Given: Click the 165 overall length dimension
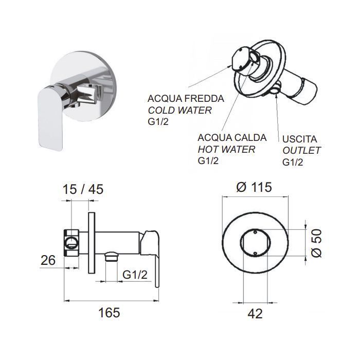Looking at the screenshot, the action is [109, 313].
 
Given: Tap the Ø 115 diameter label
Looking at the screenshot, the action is [254, 187].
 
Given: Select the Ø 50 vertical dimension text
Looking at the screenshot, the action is [317, 243].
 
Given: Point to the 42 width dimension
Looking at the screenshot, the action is [255, 314].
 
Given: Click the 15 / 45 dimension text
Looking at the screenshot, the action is [83, 189].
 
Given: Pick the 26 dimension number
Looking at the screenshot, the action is [48, 260].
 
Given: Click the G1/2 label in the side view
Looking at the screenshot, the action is [135, 275].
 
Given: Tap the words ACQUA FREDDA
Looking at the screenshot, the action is [186, 99].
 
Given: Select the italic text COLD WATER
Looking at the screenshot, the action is [180, 110].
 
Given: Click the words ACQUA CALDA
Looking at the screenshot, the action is [232, 137].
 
